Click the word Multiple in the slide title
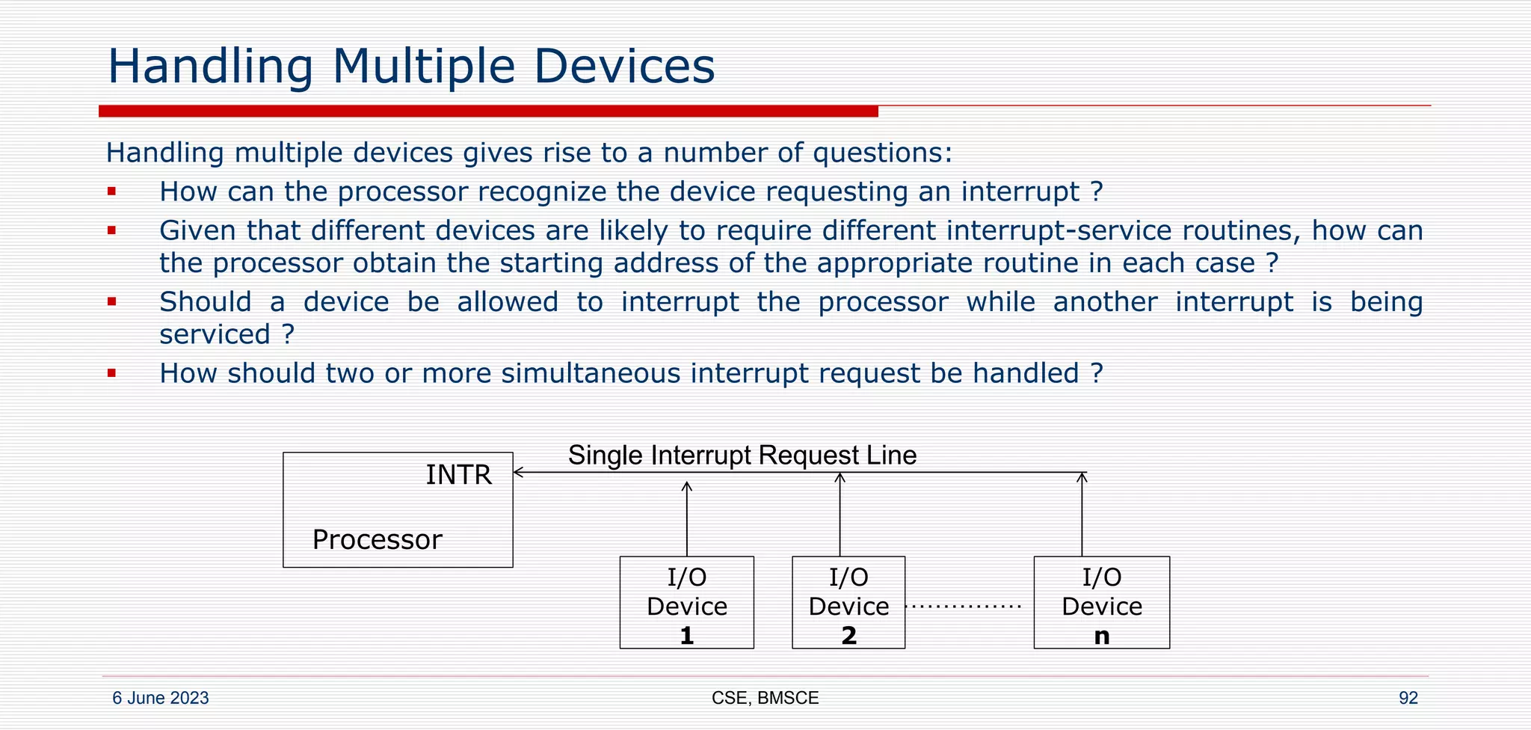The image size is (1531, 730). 423,67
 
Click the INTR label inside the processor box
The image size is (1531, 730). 458,475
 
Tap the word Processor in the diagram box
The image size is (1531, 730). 377,540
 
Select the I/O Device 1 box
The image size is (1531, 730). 686,603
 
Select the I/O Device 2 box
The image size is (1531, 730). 848,603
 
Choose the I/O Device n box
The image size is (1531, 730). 1101,603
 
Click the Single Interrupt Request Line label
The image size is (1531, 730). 742,456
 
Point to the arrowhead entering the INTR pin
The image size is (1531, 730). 518,473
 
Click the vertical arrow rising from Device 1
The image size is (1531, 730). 687,519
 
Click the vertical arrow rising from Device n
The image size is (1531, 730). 1082,516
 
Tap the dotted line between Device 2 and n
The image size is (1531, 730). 963,607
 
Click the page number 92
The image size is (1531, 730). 1408,698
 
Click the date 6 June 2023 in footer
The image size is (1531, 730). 160,698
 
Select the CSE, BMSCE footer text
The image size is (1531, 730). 765,698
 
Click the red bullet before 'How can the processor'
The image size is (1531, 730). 111,192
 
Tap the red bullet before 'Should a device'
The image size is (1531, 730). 111,302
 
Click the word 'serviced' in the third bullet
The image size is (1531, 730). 215,334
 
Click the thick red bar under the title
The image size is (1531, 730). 487,111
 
